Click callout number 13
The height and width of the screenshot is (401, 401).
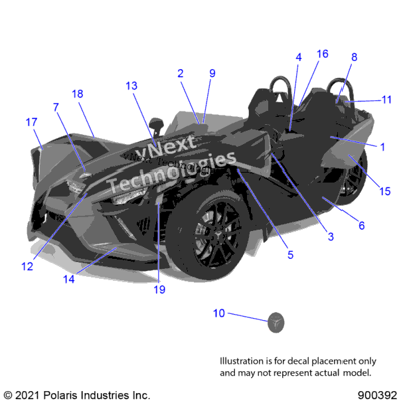[x=131, y=86]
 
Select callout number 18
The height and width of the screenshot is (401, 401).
[x=78, y=94]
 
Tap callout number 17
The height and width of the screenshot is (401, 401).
[x=31, y=122]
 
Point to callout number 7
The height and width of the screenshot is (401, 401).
[x=56, y=108]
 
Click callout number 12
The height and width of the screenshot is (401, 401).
[x=27, y=266]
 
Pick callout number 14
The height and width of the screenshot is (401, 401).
[x=69, y=279]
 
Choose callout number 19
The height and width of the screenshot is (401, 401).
[x=159, y=289]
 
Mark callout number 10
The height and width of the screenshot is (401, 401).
[x=219, y=313]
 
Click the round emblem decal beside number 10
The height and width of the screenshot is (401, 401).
[x=276, y=323]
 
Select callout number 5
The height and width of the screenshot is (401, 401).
[x=290, y=255]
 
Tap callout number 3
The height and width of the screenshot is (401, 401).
[x=331, y=236]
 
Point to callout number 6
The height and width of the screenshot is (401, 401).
[x=361, y=226]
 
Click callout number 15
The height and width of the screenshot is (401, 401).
[x=385, y=191]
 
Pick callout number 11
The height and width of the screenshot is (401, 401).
[x=386, y=100]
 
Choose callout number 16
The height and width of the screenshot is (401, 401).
[x=323, y=54]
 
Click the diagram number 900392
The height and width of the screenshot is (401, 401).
[x=377, y=395]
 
